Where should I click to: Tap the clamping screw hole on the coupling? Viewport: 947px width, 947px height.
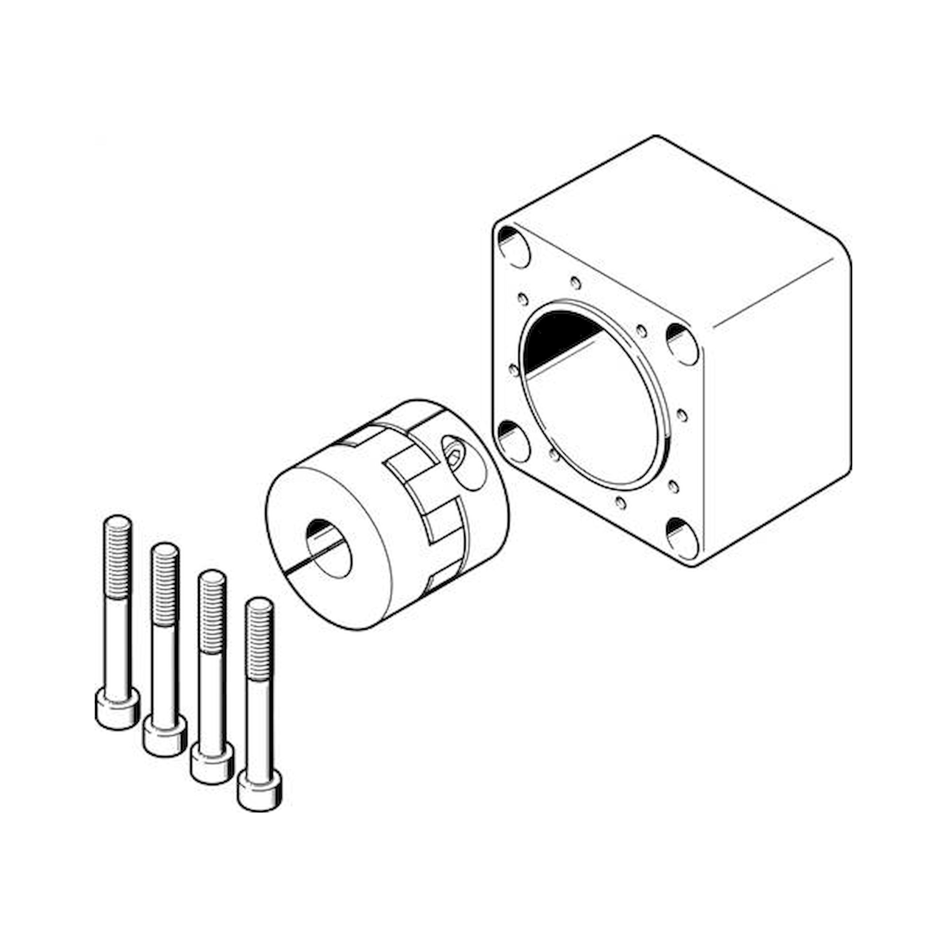454,451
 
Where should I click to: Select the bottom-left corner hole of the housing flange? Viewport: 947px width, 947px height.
513,441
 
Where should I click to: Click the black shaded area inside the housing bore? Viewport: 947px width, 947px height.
559,338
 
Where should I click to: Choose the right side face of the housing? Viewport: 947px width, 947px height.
779,392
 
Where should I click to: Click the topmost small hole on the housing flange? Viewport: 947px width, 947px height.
576,283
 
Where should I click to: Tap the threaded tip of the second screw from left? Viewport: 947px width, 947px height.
165,573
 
